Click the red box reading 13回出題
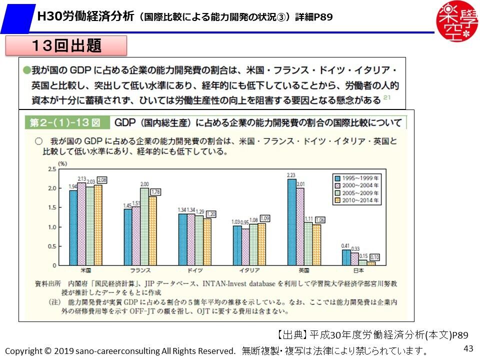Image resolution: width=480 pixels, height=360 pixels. click(65, 46)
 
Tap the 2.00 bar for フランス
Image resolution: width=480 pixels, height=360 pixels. click(144, 226)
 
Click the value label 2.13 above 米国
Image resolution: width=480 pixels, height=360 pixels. click(82, 178)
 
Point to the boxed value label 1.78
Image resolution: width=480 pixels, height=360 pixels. click(155, 192)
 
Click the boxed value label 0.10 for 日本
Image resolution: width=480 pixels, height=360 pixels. click(373, 257)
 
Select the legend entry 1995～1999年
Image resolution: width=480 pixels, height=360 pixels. click(357, 177)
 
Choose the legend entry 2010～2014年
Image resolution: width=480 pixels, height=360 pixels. click(357, 200)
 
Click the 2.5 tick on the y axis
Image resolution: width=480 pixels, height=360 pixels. click(52, 169)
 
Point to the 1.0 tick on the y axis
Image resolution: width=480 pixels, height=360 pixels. click(52, 227)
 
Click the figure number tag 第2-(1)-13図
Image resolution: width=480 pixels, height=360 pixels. click(65, 122)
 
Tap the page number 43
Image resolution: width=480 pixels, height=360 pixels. click(468, 348)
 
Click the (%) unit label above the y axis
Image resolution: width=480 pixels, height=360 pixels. click(62, 163)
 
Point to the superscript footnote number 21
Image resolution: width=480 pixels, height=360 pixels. click(387, 98)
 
